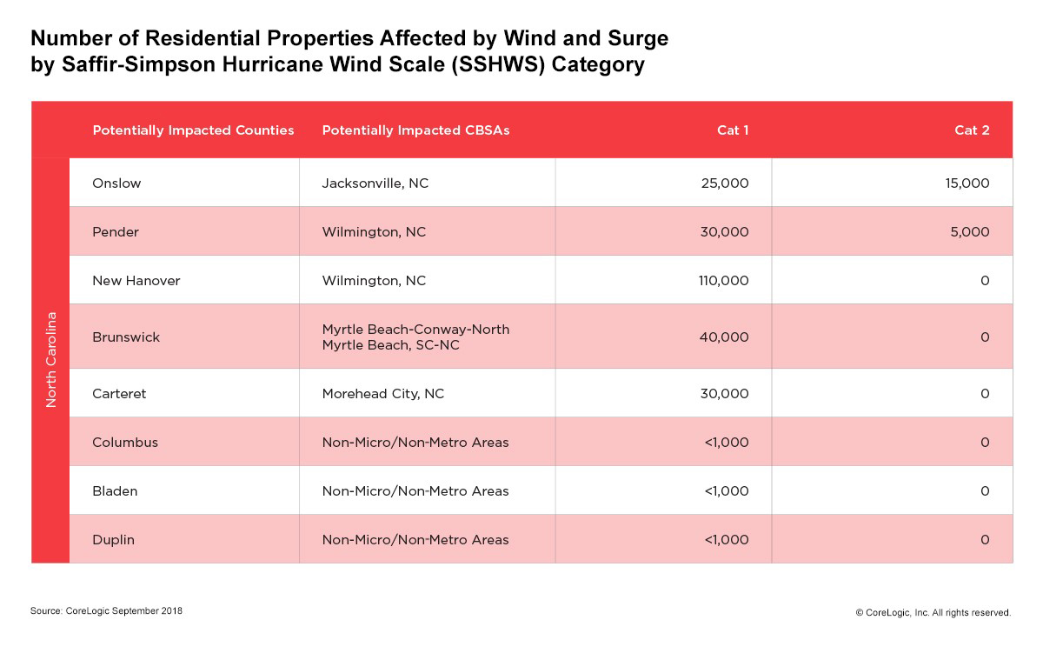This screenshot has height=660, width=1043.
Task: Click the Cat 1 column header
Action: [x=733, y=130]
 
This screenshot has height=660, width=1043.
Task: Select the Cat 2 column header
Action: [x=972, y=130]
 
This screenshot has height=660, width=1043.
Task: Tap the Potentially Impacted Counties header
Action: [x=193, y=130]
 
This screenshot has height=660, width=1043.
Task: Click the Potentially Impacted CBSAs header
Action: [x=415, y=130]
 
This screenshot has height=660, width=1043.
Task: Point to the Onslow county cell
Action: [x=116, y=183]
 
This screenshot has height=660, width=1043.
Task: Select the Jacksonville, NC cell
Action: [x=375, y=183]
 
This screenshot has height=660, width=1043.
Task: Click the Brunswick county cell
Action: [x=126, y=337]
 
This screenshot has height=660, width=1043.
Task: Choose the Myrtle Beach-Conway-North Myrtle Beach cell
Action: [x=415, y=337]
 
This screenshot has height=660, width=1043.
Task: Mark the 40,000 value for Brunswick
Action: [x=723, y=337]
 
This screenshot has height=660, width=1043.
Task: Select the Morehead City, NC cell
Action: [x=382, y=394]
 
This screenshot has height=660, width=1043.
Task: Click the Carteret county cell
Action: [x=119, y=394]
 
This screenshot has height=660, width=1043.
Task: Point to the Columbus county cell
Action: [x=125, y=443]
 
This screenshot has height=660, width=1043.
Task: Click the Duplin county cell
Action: [x=113, y=540]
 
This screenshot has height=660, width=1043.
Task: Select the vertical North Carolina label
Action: [x=50, y=360]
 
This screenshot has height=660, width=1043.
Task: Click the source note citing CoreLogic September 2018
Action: [x=106, y=611]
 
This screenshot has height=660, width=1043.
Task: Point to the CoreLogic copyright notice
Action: [x=933, y=613]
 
